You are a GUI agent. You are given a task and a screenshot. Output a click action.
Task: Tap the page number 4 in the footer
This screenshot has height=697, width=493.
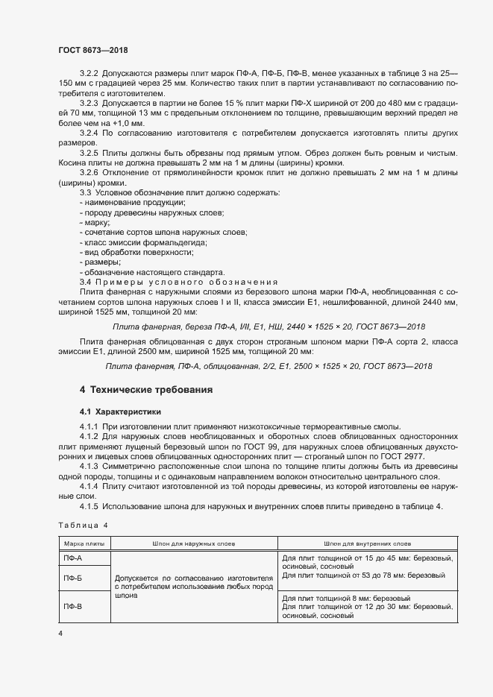tap(60, 633)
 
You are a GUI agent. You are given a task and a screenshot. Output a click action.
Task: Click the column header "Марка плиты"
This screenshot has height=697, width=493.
tap(84, 544)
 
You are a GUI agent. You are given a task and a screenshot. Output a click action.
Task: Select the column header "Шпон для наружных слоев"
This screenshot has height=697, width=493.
tap(194, 544)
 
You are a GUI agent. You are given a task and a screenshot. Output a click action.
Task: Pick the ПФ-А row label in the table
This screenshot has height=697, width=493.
tap(73, 558)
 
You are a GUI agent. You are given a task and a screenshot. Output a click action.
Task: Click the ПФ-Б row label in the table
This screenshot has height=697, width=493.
tap(73, 578)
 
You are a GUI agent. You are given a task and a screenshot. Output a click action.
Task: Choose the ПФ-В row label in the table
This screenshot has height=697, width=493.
tap(73, 606)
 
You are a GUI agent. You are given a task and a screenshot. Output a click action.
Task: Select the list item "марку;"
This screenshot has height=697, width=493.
tap(96, 222)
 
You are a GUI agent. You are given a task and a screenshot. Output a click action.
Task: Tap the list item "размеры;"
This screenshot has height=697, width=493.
tap(101, 262)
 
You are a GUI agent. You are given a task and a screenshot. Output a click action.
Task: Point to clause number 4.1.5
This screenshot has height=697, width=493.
tap(89, 507)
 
